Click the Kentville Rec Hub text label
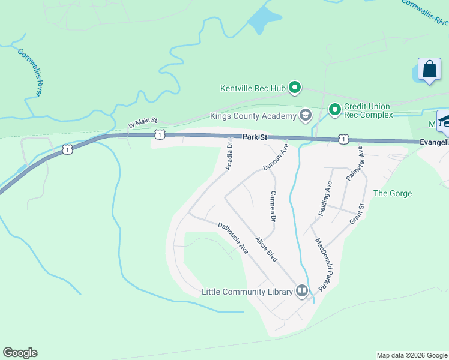pos(253,89)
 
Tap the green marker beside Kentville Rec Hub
pos(295,89)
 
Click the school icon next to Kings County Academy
pos(306,115)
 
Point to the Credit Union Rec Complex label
pos(368,110)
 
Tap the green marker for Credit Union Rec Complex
pos(334,109)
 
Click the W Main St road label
pos(143,124)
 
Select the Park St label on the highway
pos(255,137)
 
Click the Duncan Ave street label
pos(276,157)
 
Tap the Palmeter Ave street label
pos(355,163)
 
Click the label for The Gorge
pos(393,193)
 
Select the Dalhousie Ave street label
pos(233,238)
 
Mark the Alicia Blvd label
pos(266,249)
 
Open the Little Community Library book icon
pos(302,292)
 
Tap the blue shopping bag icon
pos(430,69)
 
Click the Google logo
pos(20,353)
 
